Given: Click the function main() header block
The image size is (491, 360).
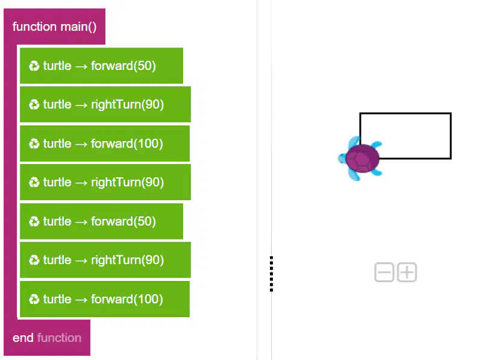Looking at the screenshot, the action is (x=54, y=27).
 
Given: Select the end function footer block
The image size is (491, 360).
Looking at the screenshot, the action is (x=47, y=338).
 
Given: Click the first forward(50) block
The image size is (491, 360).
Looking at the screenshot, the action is (x=101, y=66).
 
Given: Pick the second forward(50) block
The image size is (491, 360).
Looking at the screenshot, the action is (x=101, y=221).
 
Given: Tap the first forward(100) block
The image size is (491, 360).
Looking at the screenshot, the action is (x=105, y=144).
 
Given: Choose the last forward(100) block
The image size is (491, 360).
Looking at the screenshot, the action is (x=105, y=299).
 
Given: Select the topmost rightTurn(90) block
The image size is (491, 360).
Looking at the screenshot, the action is (x=105, y=104).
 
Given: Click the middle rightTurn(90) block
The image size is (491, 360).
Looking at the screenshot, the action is (x=105, y=182).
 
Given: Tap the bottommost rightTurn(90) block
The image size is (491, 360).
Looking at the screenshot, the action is (x=105, y=260).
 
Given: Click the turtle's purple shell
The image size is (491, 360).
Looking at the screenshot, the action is (x=363, y=159).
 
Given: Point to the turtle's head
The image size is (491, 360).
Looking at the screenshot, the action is (x=342, y=158).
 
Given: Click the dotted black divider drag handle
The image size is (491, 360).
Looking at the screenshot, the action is (x=271, y=274).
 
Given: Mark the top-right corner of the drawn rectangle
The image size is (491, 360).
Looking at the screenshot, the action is (x=451, y=113).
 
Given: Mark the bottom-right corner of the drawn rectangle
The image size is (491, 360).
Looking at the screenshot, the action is (x=451, y=159).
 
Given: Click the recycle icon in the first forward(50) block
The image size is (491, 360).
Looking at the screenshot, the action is (x=34, y=66).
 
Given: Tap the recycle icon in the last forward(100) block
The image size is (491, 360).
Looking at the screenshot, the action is (x=34, y=299).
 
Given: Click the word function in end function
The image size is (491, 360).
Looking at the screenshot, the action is (x=59, y=338).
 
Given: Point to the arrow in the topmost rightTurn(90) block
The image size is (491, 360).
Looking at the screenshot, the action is (x=81, y=105).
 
